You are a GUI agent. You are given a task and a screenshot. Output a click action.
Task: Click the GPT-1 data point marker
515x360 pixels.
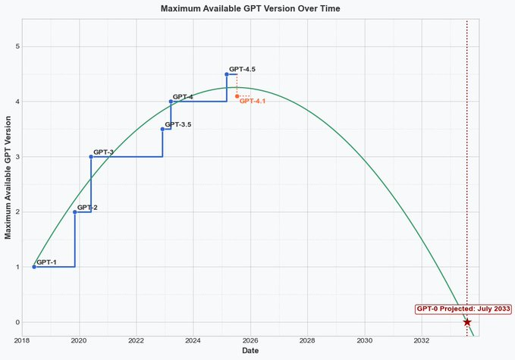point(34,267)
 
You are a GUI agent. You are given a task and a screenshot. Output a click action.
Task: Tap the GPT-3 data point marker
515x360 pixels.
point(91,157)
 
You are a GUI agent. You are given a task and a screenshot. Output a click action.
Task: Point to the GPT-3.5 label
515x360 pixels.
point(177,124)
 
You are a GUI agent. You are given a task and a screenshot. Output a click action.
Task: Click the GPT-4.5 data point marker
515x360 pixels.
point(227,74)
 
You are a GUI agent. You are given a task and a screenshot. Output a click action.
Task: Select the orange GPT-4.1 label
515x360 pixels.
point(253,102)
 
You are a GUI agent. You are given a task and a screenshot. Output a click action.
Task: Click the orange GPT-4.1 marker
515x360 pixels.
point(237,96)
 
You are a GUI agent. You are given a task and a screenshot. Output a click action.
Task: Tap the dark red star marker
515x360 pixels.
point(466,322)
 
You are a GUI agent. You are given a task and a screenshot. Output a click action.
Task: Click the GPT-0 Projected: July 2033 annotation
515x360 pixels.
point(463,309)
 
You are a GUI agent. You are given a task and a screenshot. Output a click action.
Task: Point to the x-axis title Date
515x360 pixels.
point(250,351)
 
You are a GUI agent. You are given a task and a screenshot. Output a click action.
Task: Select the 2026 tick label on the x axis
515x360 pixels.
point(250,340)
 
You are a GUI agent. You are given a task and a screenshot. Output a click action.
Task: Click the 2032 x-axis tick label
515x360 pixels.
point(422,340)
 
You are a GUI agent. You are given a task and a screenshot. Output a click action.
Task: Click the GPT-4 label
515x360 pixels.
point(183,97)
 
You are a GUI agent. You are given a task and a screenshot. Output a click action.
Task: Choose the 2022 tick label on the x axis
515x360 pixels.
point(136,340)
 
